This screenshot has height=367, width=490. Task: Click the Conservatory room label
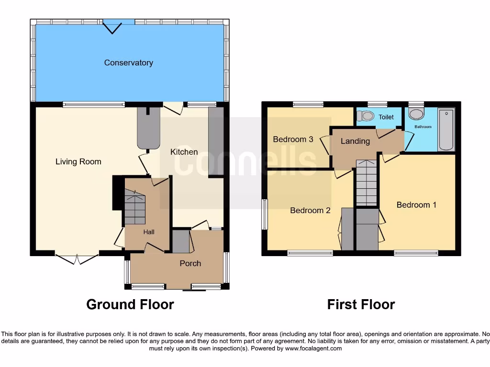point(128,63)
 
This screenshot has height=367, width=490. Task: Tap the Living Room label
point(78,162)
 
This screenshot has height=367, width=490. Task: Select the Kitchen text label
point(184,152)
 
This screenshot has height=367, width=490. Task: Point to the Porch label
point(190,263)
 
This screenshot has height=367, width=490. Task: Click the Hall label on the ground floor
point(149,232)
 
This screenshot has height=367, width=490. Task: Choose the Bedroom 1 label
point(416,205)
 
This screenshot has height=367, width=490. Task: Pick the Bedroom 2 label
point(310,210)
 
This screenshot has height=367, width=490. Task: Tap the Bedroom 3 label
point(293,140)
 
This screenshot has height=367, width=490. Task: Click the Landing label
point(355,141)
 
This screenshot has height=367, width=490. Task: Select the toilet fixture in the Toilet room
point(367,115)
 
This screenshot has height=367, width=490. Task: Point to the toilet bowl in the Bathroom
point(416,114)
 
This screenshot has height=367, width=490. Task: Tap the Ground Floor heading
point(130,304)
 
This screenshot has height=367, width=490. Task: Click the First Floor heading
point(361,304)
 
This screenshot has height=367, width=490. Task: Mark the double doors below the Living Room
point(77,259)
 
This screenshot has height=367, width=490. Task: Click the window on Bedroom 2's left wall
point(264,214)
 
